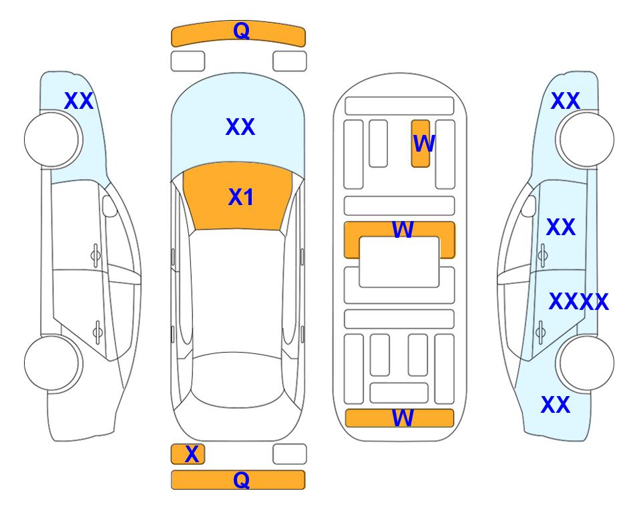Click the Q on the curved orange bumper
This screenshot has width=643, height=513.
[x=242, y=31]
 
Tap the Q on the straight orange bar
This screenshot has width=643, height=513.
[x=242, y=480]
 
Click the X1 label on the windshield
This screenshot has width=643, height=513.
[x=241, y=197]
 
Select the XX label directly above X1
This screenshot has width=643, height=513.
[x=240, y=126]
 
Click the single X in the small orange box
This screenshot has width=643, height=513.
[x=192, y=454]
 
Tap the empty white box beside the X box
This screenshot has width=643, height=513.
[x=290, y=454]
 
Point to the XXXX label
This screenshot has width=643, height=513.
[x=579, y=302]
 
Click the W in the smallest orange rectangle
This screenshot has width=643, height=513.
[x=423, y=144]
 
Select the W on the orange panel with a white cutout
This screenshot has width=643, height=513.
[x=403, y=230]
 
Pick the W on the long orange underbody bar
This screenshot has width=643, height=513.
[x=403, y=418]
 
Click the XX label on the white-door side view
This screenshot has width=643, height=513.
[x=79, y=101]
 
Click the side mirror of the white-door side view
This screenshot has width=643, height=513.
[x=110, y=206]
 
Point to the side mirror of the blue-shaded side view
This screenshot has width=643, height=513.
[x=528, y=206]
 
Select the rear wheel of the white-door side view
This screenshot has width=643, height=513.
[x=52, y=363]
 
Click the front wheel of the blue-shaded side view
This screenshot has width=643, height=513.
[x=586, y=140]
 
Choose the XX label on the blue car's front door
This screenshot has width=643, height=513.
[x=561, y=227]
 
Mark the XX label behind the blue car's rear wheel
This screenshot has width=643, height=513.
[x=556, y=405]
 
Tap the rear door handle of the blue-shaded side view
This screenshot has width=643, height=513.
[x=541, y=332]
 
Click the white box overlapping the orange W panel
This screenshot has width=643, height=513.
[x=399, y=262]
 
